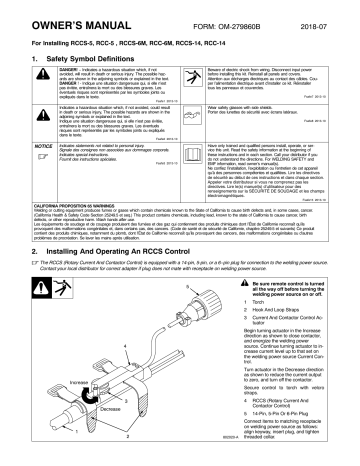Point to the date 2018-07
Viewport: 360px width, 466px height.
pyautogui.click(x=332, y=13)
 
